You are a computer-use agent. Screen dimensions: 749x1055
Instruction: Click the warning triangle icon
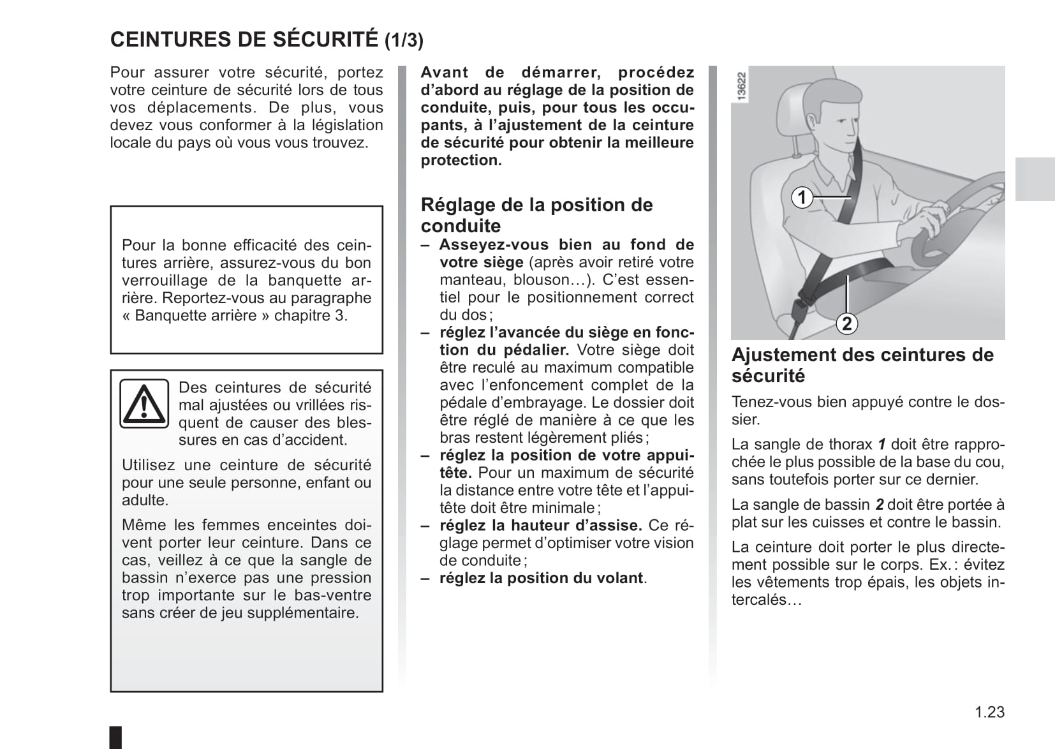[144, 403]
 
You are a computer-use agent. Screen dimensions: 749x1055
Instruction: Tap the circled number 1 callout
[802, 197]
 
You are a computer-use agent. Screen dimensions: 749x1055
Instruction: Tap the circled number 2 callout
[846, 323]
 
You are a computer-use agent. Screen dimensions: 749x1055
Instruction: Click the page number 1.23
[989, 712]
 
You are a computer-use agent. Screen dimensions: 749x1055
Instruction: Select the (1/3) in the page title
[404, 41]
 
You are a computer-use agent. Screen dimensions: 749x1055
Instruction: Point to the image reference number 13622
[741, 85]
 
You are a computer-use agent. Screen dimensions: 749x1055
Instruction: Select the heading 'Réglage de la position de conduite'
[536, 215]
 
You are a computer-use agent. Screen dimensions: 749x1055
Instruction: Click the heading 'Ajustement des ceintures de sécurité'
[862, 365]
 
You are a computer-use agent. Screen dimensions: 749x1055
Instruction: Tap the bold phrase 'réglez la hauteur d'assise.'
[540, 526]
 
